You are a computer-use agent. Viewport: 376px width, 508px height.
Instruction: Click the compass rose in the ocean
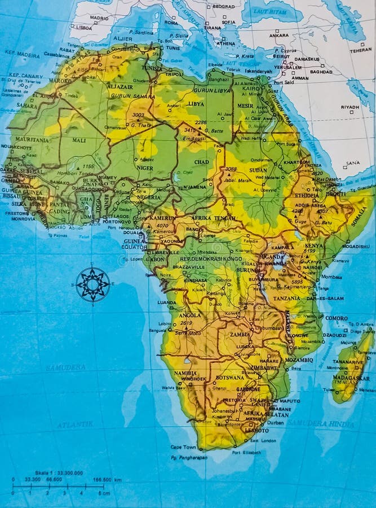(92, 284)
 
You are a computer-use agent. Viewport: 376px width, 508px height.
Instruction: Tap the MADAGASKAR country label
(351, 378)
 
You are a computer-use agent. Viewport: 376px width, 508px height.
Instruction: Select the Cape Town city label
(183, 447)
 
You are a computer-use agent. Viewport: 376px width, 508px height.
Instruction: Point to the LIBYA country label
(196, 104)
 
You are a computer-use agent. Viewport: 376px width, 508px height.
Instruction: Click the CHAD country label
(202, 162)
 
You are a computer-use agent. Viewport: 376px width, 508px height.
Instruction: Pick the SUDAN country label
(258, 170)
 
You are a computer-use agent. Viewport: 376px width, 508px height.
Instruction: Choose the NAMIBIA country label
(185, 373)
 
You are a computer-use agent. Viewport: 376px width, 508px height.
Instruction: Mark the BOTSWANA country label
(230, 377)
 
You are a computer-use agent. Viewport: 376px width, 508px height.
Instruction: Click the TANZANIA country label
(287, 298)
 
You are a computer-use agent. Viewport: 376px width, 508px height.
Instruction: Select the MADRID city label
(99, 18)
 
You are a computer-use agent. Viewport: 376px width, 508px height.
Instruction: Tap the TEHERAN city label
(360, 50)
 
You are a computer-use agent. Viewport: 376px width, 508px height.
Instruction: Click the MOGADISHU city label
(355, 246)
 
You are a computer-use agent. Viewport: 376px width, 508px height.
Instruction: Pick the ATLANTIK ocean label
(69, 423)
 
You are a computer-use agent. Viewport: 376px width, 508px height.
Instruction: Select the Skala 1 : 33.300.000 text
(47, 473)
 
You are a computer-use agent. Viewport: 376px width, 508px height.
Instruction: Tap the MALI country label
(79, 140)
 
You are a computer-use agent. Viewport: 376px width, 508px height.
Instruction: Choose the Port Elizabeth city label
(247, 452)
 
